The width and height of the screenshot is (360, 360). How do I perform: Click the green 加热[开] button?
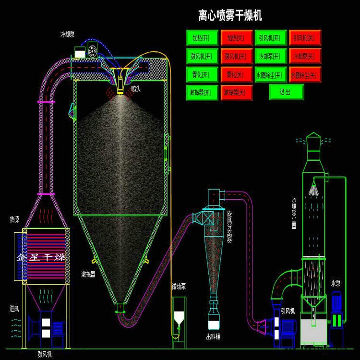(x=202, y=37)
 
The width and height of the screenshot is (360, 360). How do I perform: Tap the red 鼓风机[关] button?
(x=235, y=56)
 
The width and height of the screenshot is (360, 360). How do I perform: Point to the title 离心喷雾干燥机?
(x=230, y=16)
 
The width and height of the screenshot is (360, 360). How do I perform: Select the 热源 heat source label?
(x=15, y=219)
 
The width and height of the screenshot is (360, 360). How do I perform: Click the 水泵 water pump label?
(x=336, y=284)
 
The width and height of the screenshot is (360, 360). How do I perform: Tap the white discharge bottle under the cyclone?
(x=214, y=321)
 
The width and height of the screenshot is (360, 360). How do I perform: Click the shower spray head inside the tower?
(x=314, y=189)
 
